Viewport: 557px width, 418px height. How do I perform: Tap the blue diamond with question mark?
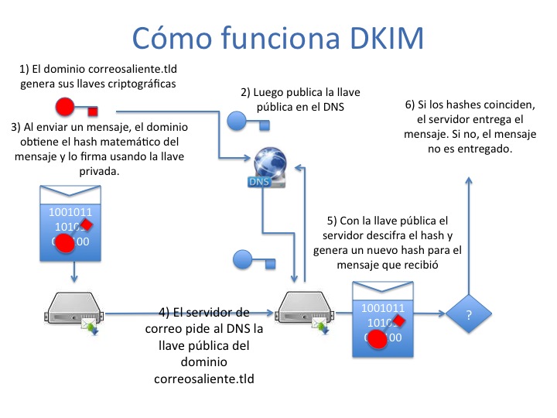pos(468,314)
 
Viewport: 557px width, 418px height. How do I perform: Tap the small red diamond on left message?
pos(87,224)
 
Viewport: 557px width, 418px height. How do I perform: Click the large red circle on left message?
pos(65,243)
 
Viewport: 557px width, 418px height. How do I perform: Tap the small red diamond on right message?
pos(400,320)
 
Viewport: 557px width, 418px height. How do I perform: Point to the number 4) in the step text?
pos(165,313)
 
